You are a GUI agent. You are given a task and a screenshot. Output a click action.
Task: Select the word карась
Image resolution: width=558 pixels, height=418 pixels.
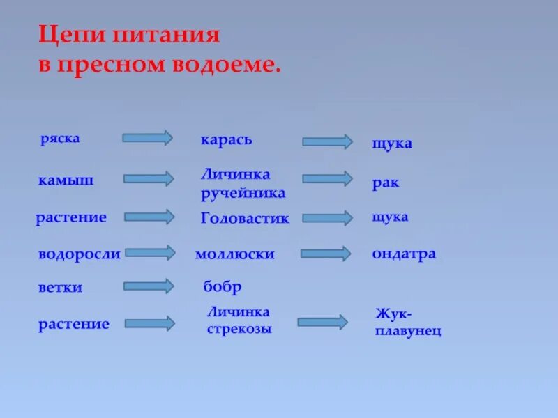(226, 140)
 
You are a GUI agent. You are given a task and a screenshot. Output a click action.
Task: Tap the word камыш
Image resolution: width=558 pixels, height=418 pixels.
(66, 180)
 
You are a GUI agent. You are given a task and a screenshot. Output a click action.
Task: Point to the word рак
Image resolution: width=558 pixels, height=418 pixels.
(385, 183)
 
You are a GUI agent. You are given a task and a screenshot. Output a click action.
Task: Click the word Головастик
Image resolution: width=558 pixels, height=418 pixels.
(244, 218)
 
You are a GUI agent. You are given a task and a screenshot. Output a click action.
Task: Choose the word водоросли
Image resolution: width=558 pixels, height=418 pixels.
(79, 254)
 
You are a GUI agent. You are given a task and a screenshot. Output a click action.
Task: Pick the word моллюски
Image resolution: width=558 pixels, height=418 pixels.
(235, 254)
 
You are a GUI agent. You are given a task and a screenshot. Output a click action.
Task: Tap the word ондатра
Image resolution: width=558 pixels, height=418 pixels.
(404, 254)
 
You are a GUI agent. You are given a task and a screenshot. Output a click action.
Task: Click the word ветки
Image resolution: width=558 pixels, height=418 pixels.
(61, 287)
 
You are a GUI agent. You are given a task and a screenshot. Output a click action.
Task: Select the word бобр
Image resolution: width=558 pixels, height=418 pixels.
(222, 287)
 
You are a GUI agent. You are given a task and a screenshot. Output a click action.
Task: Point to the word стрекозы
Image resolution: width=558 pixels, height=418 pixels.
(239, 328)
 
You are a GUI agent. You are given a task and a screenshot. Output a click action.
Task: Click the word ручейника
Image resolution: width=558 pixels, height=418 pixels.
(243, 193)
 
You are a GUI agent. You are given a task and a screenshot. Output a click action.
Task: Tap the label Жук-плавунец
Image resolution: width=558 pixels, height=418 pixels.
(408, 323)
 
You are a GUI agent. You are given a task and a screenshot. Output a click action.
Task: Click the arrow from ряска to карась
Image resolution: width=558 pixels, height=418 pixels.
(147, 137)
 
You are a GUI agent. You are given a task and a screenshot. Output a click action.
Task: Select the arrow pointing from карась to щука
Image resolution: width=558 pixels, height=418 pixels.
(327, 141)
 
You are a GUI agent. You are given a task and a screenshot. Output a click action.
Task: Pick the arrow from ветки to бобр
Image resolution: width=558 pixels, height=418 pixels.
(148, 286)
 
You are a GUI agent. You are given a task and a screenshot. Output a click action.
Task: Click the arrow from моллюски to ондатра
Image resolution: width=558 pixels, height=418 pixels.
(326, 253)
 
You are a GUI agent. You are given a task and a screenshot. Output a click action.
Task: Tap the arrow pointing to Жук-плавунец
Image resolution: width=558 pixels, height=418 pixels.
(322, 322)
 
